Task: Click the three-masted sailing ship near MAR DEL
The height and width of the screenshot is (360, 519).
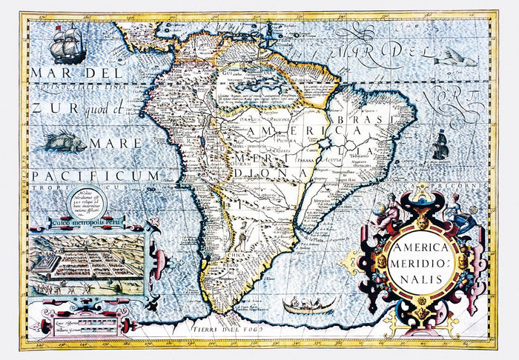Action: tap(67, 44)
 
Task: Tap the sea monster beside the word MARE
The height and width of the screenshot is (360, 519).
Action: tap(65, 141)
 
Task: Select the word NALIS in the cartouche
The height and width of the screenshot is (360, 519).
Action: tap(423, 279)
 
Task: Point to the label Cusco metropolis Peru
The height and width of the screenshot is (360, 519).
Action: tap(87, 221)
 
